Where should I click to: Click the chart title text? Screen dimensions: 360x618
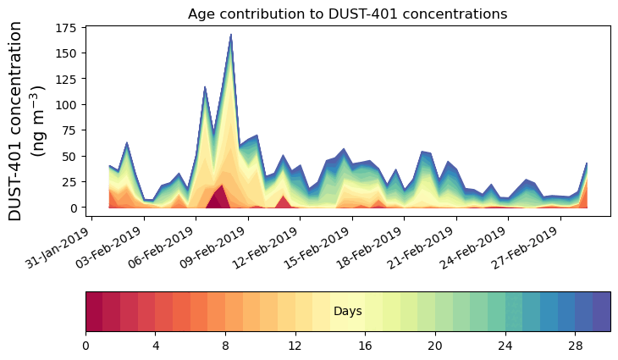[x=347, y=14]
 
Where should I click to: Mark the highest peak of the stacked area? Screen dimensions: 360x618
[x=230, y=36]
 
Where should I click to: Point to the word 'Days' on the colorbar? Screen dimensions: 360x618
[x=347, y=312]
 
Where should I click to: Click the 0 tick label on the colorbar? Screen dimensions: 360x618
[x=86, y=346]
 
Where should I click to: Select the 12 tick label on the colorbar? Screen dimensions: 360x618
[x=295, y=346]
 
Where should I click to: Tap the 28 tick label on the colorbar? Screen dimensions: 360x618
[x=575, y=346]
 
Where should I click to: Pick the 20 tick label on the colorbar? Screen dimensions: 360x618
[x=435, y=346]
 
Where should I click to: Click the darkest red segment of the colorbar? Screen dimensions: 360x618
[x=94, y=311]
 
